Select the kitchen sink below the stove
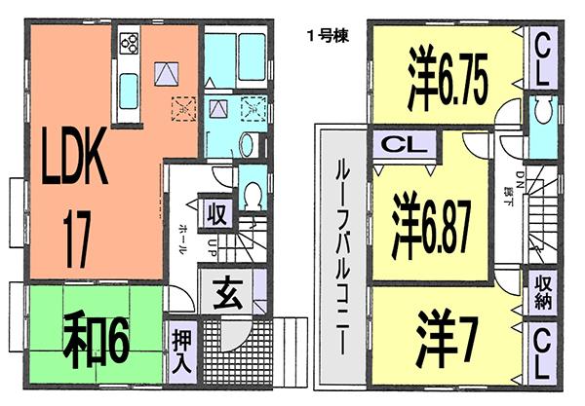pyautogui.click(x=129, y=93)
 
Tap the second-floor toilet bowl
pyautogui.click(x=540, y=114)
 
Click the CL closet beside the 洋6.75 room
pyautogui.click(x=542, y=57)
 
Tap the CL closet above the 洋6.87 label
pyautogui.click(x=399, y=146)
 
